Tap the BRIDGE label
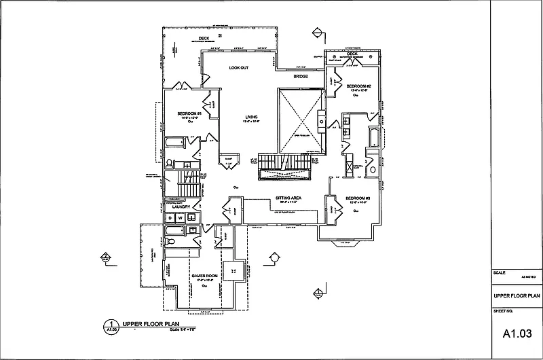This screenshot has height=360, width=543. click(301, 77)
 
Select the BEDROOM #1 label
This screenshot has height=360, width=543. click(187, 113)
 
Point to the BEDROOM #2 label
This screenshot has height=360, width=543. click(358, 87)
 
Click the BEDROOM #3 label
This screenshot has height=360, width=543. click(358, 198)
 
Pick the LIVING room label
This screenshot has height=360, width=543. click(252, 117)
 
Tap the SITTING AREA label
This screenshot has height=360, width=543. click(288, 198)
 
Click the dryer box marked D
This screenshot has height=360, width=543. click(171, 217)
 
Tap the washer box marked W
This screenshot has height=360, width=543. click(181, 217)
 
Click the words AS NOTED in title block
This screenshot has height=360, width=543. click(528, 277)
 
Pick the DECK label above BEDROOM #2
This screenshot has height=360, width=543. click(352, 54)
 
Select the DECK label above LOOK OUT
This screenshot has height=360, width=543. click(202, 38)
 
